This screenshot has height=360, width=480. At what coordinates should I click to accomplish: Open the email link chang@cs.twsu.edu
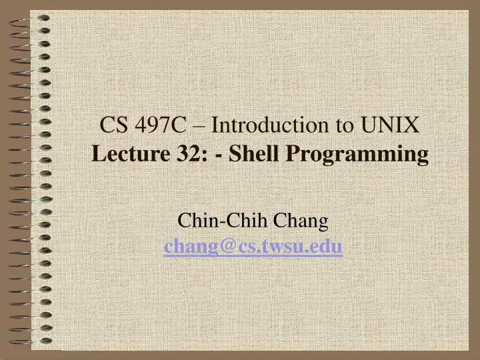click(253, 248)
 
